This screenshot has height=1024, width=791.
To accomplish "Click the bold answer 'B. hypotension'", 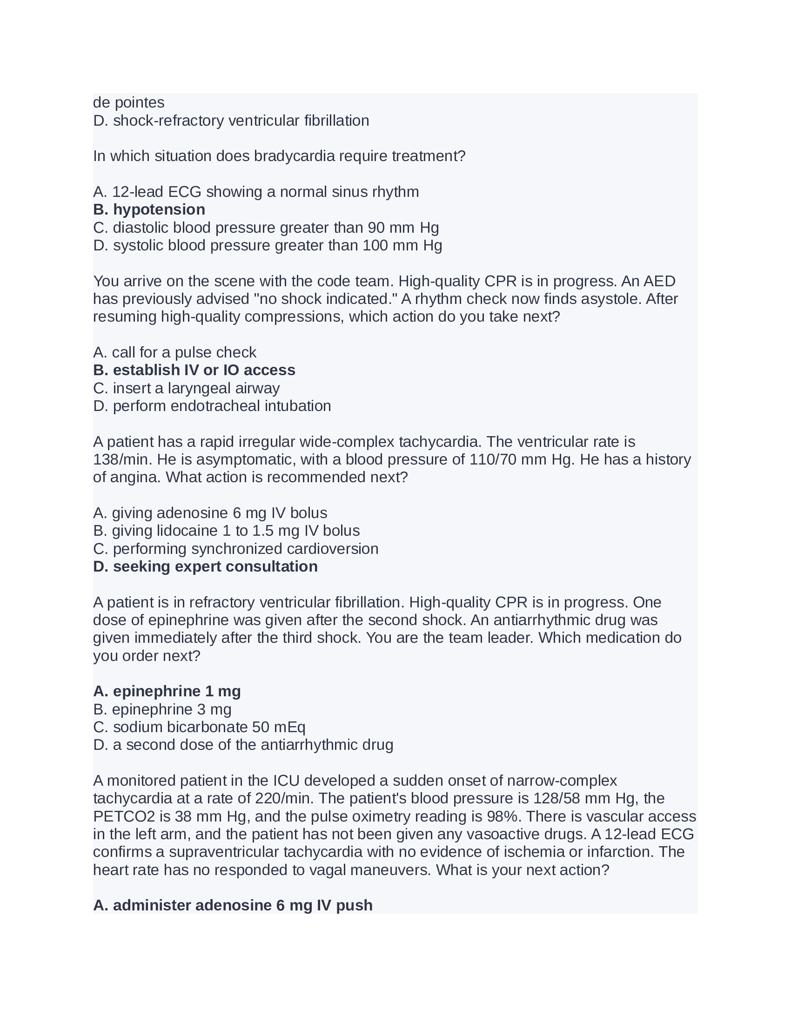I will tap(149, 209).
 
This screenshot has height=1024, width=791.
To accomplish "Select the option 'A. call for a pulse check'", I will tap(174, 352).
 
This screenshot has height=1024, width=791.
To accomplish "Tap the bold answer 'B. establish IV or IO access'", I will tap(194, 370).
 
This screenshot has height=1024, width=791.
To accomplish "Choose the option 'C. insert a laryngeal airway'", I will tap(186, 388).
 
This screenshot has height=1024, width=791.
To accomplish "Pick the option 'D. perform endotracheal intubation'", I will tap(212, 406).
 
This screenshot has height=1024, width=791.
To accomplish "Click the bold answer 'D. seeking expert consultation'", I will tap(205, 566).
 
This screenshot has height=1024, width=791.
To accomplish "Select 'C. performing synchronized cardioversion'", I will tap(236, 549).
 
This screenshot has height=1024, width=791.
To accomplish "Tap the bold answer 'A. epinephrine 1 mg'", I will tap(167, 691).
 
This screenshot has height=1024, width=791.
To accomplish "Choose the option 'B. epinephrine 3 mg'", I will tap(162, 709).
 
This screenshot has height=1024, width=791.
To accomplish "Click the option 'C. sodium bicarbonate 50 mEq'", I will tap(199, 727).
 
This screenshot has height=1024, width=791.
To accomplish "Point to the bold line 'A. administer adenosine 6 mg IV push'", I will tap(233, 905).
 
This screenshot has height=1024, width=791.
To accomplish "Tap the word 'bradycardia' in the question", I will tap(294, 156).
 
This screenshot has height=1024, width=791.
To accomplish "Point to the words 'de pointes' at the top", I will tap(129, 103).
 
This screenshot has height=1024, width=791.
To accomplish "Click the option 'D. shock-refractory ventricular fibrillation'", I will tap(231, 121).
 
